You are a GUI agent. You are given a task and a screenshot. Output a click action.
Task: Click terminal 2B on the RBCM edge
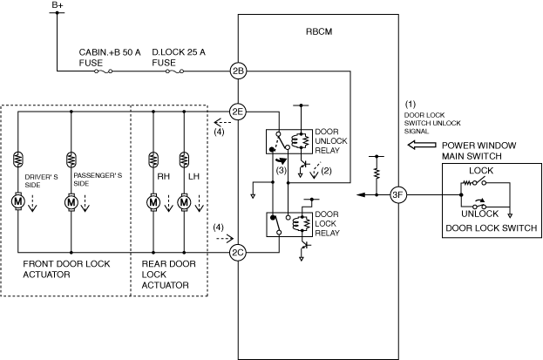pos(238,71)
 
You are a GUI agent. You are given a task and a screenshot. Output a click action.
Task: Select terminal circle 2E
pos(238,112)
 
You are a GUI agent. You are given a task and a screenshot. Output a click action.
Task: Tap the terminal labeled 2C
pos(238,252)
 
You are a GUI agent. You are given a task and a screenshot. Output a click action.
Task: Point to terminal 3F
pos(398,194)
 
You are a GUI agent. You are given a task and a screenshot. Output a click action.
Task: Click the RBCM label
pos(319,31)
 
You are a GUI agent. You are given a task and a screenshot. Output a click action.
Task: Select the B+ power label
pos(58,5)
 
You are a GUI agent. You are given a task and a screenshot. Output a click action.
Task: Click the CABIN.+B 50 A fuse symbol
pos(104,71)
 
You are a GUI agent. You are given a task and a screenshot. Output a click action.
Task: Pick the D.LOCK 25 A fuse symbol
pos(174,71)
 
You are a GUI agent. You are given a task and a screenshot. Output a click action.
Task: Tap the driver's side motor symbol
pos(17,201)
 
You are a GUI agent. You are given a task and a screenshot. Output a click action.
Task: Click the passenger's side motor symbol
pos(71,201)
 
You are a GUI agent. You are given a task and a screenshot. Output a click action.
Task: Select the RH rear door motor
pos(153,202)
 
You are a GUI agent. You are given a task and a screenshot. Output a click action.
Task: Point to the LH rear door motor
pos(184,202)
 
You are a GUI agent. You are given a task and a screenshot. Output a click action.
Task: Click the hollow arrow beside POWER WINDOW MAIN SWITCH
pos(422,145)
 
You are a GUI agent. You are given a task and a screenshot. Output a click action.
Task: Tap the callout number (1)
pos(411,104)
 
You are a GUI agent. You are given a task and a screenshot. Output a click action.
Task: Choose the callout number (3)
pos(282,170)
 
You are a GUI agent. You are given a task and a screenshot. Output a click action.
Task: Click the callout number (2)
pos(327,171)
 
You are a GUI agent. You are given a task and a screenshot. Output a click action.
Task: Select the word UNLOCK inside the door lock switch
pos(479,214)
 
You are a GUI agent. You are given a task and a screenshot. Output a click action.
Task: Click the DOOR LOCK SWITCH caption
pos(491,228)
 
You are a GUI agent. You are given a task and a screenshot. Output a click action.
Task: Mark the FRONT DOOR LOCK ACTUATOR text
pos(66,269)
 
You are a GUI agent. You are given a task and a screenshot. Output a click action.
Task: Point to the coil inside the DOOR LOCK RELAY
pos(298,224)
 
